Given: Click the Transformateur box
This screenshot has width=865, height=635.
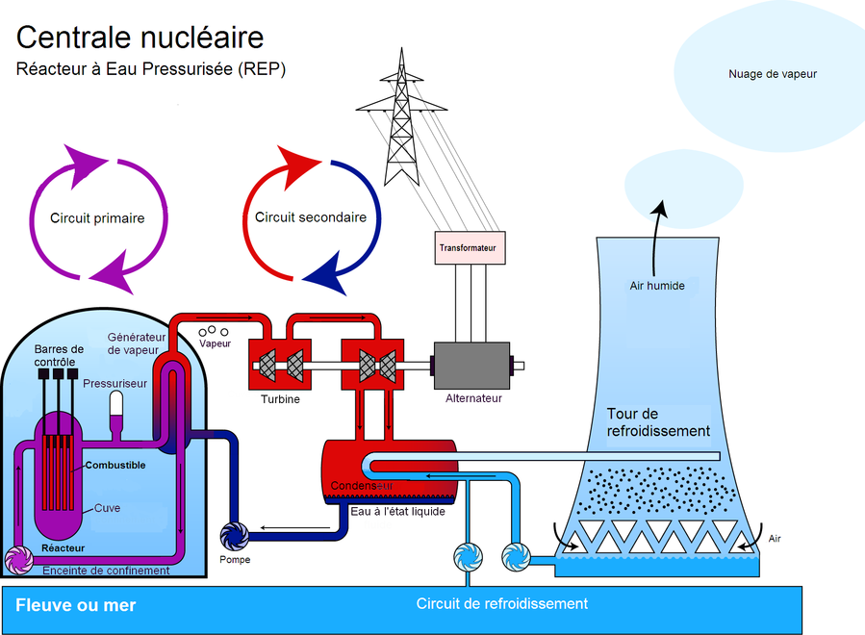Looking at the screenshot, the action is pos(470,247).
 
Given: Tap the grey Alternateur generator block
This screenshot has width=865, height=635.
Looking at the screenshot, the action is pos(471,366).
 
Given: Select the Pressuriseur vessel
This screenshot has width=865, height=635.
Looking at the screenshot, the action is pos(115,411).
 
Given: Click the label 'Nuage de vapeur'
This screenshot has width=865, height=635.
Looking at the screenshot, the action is pos(773,74).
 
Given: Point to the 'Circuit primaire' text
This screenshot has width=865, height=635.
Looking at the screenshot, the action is pos(97,217).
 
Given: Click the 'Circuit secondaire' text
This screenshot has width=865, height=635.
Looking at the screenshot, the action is pos(311,217).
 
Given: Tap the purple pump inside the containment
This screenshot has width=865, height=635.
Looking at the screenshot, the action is pos(18,560).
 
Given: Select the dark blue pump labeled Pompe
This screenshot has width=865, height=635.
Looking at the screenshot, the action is pos(235,536).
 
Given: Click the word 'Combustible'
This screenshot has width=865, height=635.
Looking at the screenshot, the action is pos(115,465).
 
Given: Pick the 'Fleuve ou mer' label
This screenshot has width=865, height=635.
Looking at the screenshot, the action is pos(76,605).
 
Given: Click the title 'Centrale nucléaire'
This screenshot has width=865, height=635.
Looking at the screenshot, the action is pos(140,38).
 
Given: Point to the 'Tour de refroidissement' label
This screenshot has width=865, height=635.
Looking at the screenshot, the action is pos(658,422).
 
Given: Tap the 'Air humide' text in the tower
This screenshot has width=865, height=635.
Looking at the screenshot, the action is pos(657,286).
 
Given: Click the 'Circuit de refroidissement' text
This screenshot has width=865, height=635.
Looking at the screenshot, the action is pos(502,603).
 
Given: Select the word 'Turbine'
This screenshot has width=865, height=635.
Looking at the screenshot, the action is pos(280,399).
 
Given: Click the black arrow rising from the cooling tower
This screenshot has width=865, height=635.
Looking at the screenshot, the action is pos(655,239).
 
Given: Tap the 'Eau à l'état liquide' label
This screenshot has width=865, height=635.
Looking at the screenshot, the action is pos(397,512).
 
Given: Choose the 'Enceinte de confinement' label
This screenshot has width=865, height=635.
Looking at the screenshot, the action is pos(106,571).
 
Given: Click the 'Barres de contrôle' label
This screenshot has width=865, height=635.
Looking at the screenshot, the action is pos(59,355).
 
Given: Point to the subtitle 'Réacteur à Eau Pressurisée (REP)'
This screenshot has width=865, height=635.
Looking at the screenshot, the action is pos(151,69).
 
